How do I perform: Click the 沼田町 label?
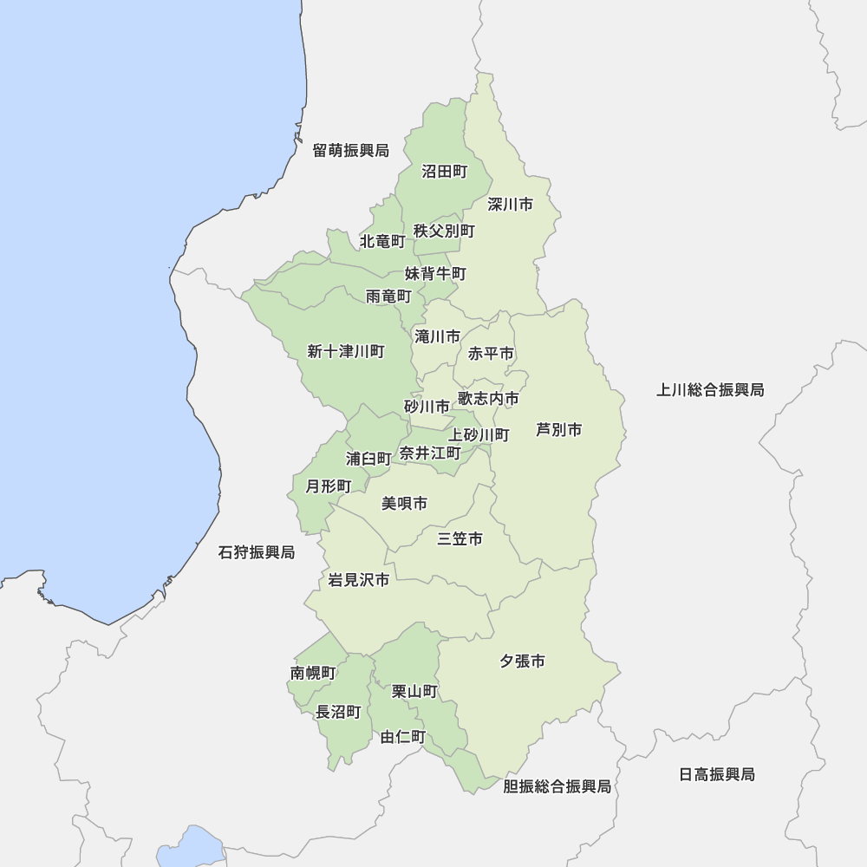click(445, 172)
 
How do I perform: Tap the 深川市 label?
click(510, 205)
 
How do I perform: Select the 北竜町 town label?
click(382, 240)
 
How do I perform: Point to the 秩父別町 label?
click(444, 231)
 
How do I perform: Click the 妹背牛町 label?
click(435, 274)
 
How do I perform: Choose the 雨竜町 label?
click(388, 297)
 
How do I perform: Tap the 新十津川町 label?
click(346, 351)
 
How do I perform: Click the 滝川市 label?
click(437, 336)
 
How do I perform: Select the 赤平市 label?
click(491, 354)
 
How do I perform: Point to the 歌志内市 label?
click(488, 399)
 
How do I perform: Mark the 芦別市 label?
click(558, 429)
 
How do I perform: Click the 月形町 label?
click(329, 486)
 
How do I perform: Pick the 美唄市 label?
click(404, 503)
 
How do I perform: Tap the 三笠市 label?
click(460, 539)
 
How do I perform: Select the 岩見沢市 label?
click(359, 580)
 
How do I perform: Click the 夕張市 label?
click(522, 662)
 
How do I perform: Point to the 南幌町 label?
click(313, 673)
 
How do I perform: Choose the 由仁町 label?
click(403, 737)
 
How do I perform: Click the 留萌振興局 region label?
click(350, 151)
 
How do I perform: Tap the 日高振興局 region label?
click(716, 774)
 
